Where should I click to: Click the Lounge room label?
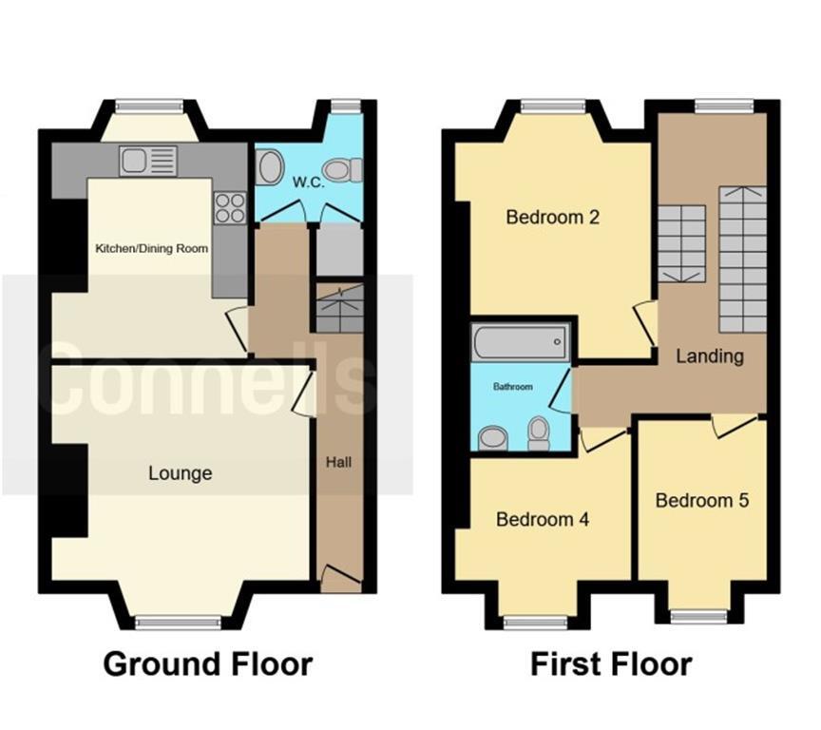point(180,472)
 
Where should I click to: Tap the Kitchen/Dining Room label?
point(151,248)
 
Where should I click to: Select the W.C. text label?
point(309,182)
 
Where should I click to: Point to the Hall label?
point(339,463)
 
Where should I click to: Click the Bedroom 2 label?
point(552,217)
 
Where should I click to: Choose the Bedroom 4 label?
point(543,520)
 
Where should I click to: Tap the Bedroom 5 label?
point(702,500)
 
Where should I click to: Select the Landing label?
point(710,356)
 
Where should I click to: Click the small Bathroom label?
point(512,388)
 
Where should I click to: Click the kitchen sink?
point(148,161)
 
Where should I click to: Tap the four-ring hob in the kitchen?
point(229,207)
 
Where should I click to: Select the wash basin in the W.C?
point(270,169)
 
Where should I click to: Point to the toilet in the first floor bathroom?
point(539,433)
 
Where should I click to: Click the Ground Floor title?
point(207,663)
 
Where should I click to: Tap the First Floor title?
point(611,663)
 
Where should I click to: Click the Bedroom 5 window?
point(700,616)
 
